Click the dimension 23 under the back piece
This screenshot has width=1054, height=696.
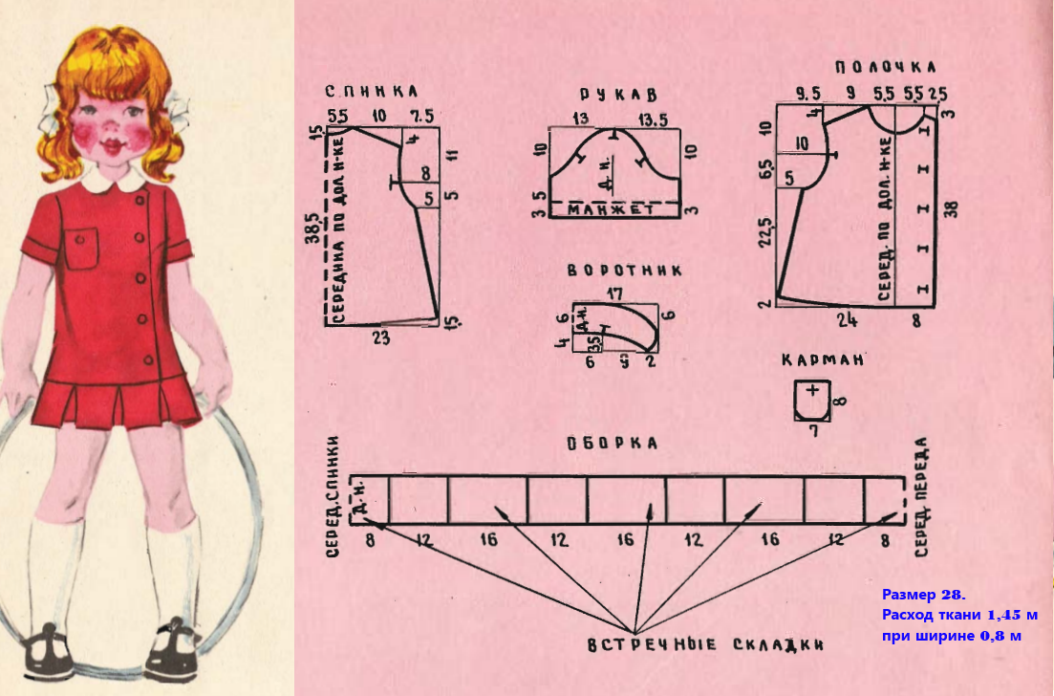click(x=381, y=337)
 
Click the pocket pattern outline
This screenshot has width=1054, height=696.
click(x=811, y=399)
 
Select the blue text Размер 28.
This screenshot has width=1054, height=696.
click(x=923, y=594)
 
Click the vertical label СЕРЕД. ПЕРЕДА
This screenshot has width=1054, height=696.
click(x=921, y=497)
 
